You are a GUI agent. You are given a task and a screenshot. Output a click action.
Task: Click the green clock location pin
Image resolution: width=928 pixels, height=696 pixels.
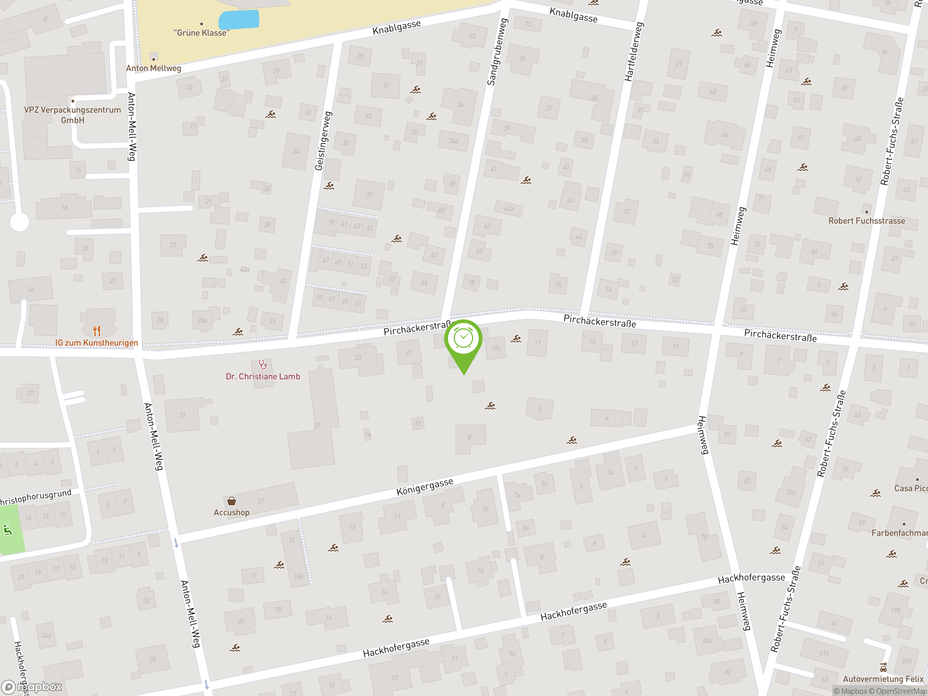point(463,340)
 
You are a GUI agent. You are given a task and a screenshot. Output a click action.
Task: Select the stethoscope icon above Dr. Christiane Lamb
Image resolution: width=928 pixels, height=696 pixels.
point(262,364)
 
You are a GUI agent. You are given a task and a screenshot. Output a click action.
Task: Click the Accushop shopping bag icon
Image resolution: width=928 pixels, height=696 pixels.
point(232,501)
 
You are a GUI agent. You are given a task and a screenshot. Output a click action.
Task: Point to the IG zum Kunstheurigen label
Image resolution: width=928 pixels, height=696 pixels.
point(96,343)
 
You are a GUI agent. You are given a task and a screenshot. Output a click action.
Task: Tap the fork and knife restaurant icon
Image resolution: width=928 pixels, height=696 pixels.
point(97,331)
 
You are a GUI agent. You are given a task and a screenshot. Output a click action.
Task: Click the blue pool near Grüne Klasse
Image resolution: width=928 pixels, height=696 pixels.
point(239,19)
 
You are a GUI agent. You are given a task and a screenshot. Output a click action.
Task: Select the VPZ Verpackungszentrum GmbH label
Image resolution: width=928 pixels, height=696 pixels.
point(72,115)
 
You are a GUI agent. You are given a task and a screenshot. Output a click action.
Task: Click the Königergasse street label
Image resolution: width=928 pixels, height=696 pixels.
point(424,486)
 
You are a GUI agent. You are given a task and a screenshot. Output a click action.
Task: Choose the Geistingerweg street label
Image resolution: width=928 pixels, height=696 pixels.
point(323,141)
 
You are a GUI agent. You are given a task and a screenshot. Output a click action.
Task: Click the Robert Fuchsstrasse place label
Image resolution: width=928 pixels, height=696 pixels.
point(866,221)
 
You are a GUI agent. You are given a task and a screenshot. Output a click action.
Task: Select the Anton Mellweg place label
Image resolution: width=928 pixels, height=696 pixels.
point(154,68)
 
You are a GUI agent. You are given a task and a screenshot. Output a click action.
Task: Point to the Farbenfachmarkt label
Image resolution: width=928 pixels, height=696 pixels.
point(899,533)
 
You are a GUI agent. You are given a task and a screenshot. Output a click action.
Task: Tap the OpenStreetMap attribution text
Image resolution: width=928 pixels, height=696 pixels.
point(901,691)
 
